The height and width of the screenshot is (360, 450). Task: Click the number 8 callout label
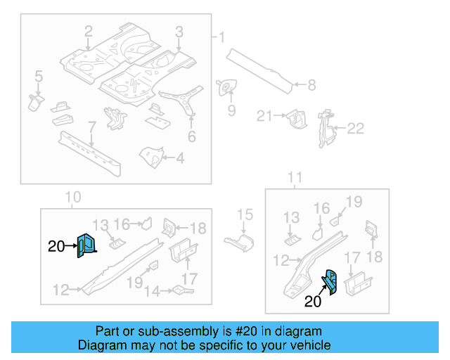coord(311,86)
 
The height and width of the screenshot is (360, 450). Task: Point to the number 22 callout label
coord(356,128)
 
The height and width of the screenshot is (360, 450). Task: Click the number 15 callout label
coord(244,214)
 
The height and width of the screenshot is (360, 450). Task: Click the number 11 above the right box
coord(295,176)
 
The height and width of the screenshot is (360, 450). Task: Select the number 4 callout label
coord(180,159)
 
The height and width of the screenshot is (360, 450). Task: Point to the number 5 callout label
coord(39,76)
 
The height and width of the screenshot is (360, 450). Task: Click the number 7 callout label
coord(91,127)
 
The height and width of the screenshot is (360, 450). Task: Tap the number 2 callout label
coord(89,31)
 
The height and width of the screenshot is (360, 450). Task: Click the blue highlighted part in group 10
coord(86,245)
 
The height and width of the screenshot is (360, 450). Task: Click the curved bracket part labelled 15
coord(239,243)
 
